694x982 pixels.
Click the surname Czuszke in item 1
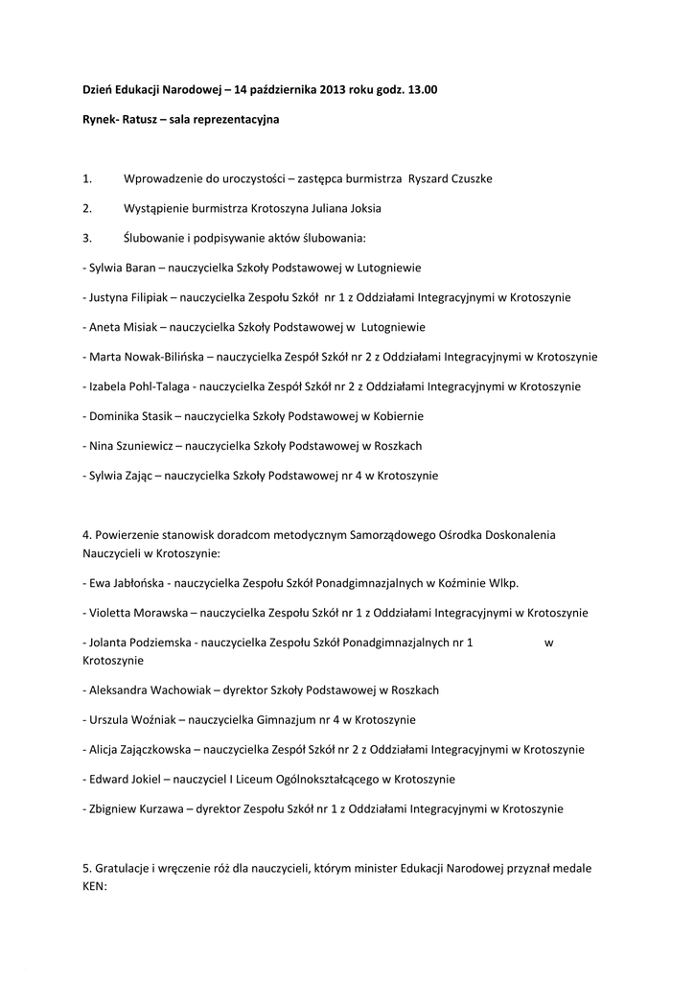click(470, 179)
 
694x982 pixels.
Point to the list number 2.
click(87, 208)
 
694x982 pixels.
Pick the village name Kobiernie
click(396, 416)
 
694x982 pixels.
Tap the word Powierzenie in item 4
click(128, 534)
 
